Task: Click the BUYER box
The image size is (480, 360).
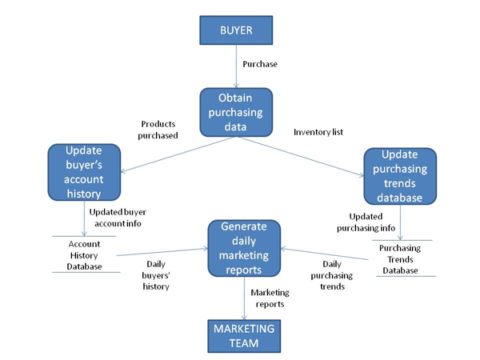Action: pyautogui.click(x=236, y=31)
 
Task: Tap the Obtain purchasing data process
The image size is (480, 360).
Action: pyautogui.click(x=235, y=112)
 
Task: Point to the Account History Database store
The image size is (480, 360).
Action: pyautogui.click(x=85, y=254)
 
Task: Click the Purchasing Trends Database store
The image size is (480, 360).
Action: pyautogui.click(x=400, y=259)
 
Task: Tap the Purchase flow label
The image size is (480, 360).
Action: pyautogui.click(x=260, y=64)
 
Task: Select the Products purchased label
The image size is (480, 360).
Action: pyautogui.click(x=159, y=130)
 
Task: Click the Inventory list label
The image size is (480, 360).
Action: pyautogui.click(x=319, y=131)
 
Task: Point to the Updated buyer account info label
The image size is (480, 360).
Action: pyautogui.click(x=118, y=218)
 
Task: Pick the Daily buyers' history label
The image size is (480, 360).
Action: pyautogui.click(x=157, y=274)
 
